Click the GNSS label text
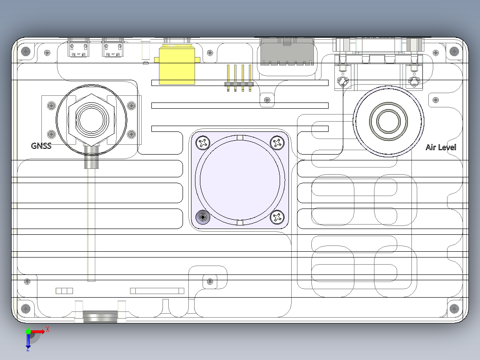[x=41, y=146]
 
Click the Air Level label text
[x=440, y=147]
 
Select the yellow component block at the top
[x=177, y=64]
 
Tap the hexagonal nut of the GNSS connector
[x=92, y=119]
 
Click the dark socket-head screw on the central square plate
[x=203, y=217]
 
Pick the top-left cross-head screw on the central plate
[x=203, y=143]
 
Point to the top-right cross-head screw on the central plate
[x=277, y=143]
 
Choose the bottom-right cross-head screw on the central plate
[x=277, y=217]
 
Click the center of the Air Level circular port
[x=388, y=121]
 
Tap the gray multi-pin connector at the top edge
[x=287, y=52]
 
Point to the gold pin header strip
[x=239, y=78]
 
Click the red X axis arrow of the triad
[x=37, y=331]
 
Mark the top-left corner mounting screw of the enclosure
[x=26, y=51]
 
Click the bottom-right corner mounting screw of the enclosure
[x=454, y=308]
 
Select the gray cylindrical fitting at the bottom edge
[x=100, y=316]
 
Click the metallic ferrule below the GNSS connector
[x=92, y=157]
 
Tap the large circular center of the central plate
[x=240, y=180]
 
